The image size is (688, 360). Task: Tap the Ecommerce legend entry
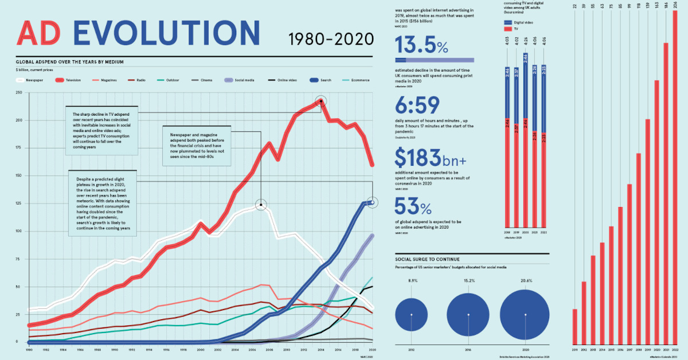tap(358, 81)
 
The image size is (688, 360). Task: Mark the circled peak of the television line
tap(321, 101)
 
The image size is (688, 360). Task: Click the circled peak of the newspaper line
tap(261, 205)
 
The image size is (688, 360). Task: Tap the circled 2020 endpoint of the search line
tap(372, 202)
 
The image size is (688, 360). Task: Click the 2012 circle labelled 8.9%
tap(412, 315)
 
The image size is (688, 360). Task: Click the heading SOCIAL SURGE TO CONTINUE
tap(428, 259)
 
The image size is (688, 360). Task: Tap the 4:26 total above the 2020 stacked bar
tap(526, 40)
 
